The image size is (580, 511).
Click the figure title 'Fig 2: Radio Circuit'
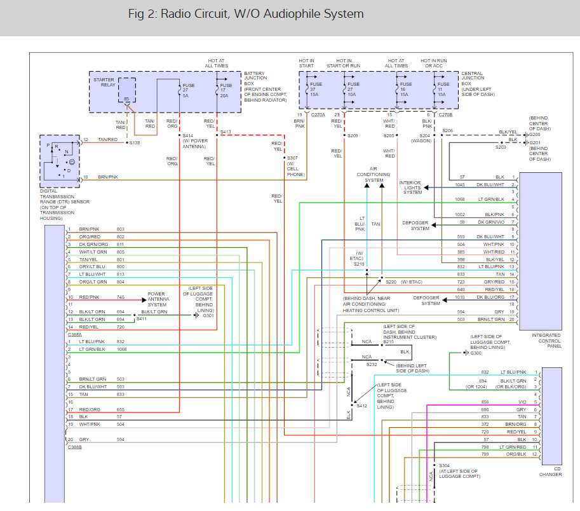[x=245, y=14]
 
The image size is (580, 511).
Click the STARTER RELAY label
[x=104, y=83]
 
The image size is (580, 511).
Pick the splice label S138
[x=135, y=143]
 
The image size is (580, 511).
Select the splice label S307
[x=292, y=158]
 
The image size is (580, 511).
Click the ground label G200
[x=534, y=135]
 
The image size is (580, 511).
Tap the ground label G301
[x=208, y=315]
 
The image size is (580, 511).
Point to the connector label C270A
[x=318, y=115]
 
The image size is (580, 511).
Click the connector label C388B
[x=75, y=447]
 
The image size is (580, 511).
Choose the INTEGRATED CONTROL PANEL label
[x=546, y=340]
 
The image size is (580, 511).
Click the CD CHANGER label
[x=550, y=472]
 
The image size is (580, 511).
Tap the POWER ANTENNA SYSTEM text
[x=157, y=299]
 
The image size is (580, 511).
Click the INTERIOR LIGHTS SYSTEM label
[x=412, y=187]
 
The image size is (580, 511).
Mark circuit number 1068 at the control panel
[x=459, y=199]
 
